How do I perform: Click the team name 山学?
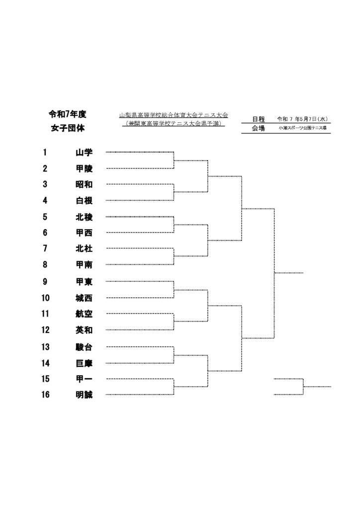click(x=84, y=152)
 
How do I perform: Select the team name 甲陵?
click(x=84, y=169)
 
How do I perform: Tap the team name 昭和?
click(x=84, y=184)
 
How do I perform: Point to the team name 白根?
click(x=84, y=201)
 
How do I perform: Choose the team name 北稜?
click(x=84, y=217)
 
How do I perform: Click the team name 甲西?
click(x=84, y=233)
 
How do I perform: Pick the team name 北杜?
click(x=84, y=249)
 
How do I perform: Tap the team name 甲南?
click(x=84, y=265)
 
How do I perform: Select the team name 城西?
click(x=84, y=298)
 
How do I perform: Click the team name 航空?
click(x=84, y=314)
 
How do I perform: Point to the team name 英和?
click(x=84, y=330)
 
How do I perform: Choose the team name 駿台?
click(x=84, y=347)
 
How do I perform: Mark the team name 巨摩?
click(x=84, y=363)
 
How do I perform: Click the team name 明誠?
click(x=84, y=395)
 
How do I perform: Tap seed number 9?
click(x=45, y=281)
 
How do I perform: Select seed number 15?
click(x=45, y=379)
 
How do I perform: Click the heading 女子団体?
click(x=68, y=128)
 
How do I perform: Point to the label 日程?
click(x=259, y=119)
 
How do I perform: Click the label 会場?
click(x=259, y=128)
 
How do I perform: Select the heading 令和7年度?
click(x=68, y=114)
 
